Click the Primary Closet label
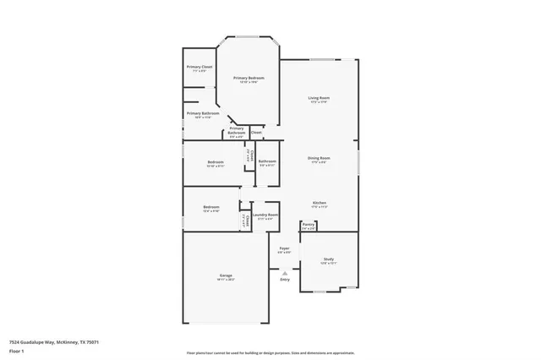tap(199, 67)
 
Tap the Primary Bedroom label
tap(248, 78)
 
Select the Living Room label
tap(319, 98)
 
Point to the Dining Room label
tap(319, 158)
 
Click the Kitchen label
tap(320, 203)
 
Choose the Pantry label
tap(309, 225)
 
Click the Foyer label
tap(285, 248)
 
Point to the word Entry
tap(285, 280)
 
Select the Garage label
tap(226, 275)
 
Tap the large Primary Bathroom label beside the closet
tap(203, 113)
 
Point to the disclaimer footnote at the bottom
tap(270, 352)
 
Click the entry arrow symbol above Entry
tap(285, 272)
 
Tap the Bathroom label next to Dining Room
tap(267, 161)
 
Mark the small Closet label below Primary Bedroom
tap(256, 133)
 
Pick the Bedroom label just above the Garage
tap(211, 207)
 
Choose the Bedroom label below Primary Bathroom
tap(216, 162)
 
